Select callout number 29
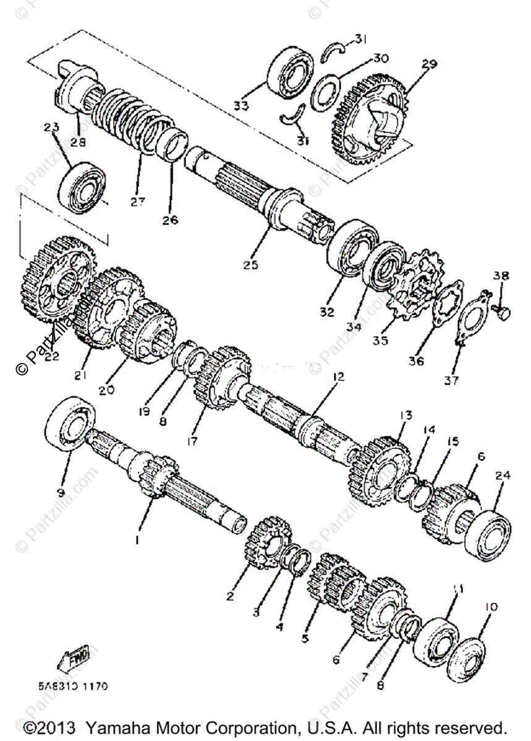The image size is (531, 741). tap(429, 64)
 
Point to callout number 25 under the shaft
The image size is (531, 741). tap(250, 265)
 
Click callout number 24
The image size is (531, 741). tap(500, 475)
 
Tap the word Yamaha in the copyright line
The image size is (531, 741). tap(116, 727)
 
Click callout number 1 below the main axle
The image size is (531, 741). tap(137, 540)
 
